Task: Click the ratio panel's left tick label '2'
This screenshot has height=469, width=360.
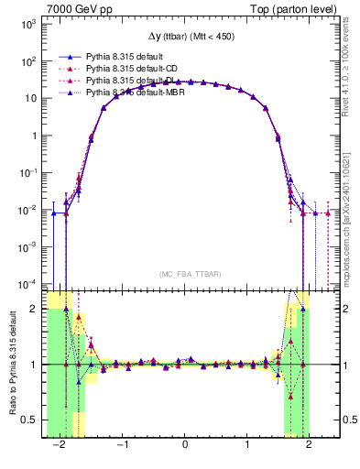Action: tap(34, 309)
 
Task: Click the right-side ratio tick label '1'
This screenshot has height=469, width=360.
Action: tap(338, 365)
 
